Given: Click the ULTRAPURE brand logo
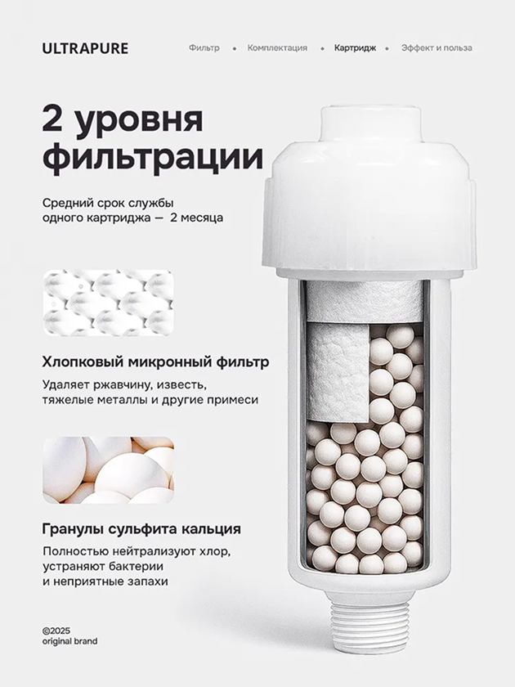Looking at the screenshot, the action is tap(85, 48).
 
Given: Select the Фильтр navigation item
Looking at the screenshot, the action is tap(204, 47).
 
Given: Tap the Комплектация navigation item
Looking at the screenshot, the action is tap(277, 47).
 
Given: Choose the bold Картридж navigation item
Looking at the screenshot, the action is tap(355, 47).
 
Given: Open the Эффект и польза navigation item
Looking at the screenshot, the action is tap(437, 47).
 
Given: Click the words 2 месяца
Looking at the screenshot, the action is tap(197, 218).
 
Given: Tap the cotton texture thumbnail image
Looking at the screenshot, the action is tap(108, 303).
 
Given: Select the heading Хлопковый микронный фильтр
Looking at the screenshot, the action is tap(155, 362).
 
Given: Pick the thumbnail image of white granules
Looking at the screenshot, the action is tap(108, 469).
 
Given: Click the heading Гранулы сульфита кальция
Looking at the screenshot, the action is tap(141, 529).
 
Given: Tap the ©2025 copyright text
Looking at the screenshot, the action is tap(56, 631).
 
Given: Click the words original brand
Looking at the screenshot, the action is tap(70, 641).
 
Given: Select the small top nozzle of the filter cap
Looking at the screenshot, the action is tap(371, 123).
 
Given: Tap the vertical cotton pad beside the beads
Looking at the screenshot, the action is tap(339, 371).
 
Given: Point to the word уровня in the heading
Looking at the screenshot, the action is tap(140, 120).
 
